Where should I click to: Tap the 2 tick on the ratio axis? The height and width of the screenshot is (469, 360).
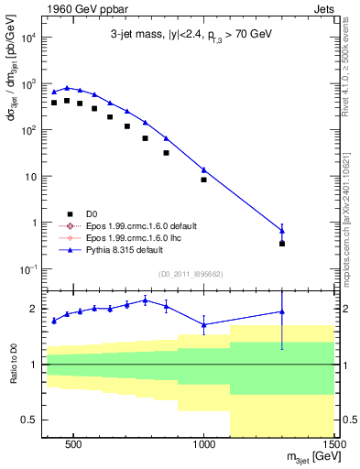[x=32, y=309]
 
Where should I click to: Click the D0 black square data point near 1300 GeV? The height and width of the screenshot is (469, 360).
[x=282, y=244]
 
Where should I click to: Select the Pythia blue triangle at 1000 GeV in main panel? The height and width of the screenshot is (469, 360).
[x=204, y=169]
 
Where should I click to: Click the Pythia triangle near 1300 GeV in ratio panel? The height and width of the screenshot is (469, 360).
[x=282, y=312]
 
